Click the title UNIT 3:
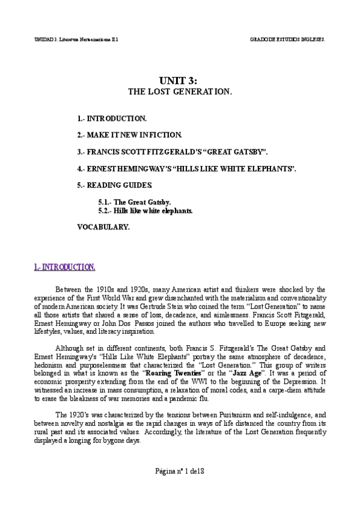point(180,80)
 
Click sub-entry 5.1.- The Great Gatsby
point(135,203)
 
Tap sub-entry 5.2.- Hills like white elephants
point(145,211)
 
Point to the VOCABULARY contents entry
point(103,227)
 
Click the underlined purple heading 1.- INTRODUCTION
point(64,266)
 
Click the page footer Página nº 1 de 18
point(180,469)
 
